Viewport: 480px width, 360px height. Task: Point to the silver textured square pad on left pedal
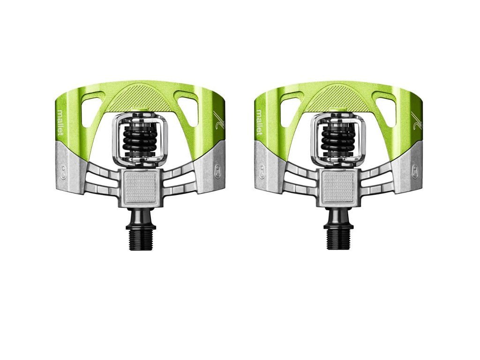pyautogui.click(x=142, y=187)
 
